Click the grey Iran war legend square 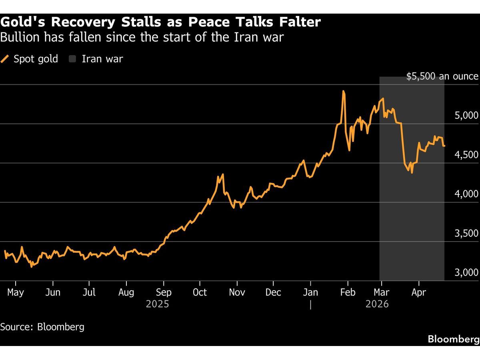coord(72,59)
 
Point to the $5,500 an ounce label coord(442,76)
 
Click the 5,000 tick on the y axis coord(466,116)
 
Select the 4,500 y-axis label coord(466,155)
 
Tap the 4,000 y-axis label coord(466,194)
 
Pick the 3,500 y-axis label coord(466,233)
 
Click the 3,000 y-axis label coord(466,272)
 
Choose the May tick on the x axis coord(16,292)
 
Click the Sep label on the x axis coord(163,292)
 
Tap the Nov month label coord(237,292)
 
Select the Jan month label coord(310,292)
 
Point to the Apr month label coord(418,292)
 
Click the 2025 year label coord(157,304)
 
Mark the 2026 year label coord(377,304)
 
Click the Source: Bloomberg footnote coord(42,327)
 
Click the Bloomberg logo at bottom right coord(454,339)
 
